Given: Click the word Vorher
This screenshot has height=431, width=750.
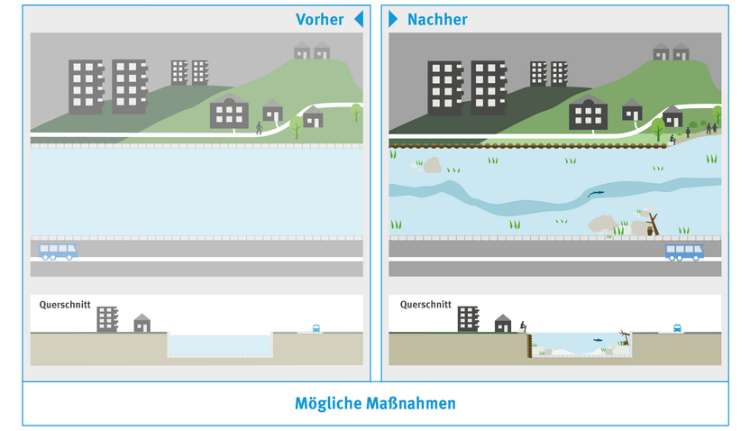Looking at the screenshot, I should point(319,19).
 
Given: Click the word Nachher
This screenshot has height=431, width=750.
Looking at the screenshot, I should point(437,19).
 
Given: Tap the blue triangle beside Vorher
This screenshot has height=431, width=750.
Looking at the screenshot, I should point(358,19).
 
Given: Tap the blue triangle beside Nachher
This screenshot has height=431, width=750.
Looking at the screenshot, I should point(393,19).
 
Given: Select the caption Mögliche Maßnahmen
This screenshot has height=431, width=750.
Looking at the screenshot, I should point(375,404).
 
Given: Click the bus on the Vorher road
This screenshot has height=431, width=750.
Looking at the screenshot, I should point(59,252).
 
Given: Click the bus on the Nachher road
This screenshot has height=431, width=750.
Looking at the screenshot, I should point(684,252).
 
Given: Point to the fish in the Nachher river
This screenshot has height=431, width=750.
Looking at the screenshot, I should point(595,193).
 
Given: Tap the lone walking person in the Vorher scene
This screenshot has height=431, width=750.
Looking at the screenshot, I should point(259,128).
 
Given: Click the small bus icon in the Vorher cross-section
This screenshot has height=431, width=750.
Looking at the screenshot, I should point(316,329).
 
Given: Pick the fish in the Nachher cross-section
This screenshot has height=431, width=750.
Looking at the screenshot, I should point(597,339).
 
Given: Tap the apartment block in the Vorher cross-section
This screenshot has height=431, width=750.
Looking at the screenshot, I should point(107,318).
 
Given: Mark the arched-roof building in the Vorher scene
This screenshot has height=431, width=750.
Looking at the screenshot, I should point(229,111).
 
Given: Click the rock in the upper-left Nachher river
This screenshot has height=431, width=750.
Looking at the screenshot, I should point(432,165).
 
